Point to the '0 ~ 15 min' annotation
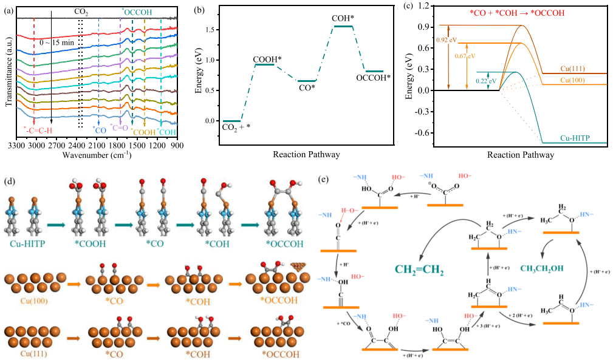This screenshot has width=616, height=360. (x=56, y=43)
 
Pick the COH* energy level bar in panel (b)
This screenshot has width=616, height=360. (x=344, y=26)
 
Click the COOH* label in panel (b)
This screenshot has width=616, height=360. (x=268, y=58)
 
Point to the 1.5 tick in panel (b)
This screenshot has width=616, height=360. (x=211, y=30)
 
